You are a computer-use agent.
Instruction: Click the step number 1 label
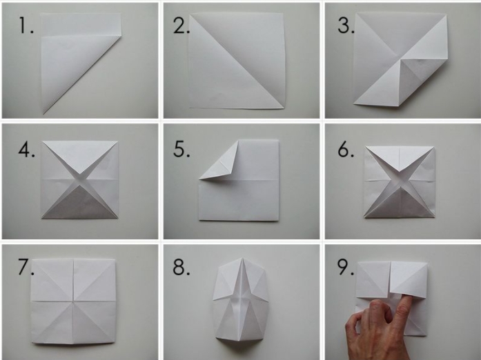26,25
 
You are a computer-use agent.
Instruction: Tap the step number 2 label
181,25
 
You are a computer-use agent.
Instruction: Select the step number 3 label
346,25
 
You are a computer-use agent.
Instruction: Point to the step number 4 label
26,150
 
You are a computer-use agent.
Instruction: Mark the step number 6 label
346,150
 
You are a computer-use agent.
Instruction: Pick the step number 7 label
26,267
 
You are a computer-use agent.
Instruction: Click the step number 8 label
181,267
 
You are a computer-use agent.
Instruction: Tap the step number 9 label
346,267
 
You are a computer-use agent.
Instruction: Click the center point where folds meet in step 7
74,301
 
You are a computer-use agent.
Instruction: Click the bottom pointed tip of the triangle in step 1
44,114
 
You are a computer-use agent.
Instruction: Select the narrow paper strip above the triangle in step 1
81,25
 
